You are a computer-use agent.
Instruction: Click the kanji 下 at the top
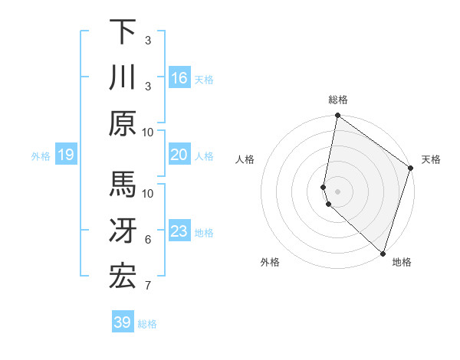pyautogui.click(x=123, y=32)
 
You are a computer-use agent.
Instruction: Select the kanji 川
pyautogui.click(x=123, y=77)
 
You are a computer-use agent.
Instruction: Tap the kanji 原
pyautogui.click(x=123, y=123)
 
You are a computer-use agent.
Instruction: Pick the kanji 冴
pyautogui.click(x=123, y=231)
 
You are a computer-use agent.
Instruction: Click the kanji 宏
pyautogui.click(x=123, y=277)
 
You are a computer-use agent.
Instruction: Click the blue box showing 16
pyautogui.click(x=179, y=77)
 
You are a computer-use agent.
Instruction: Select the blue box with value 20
pyautogui.click(x=179, y=155)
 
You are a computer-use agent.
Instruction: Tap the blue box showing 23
pyautogui.click(x=179, y=231)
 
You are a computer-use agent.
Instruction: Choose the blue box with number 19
pyautogui.click(x=66, y=155)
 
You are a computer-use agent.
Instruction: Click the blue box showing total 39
pyautogui.click(x=123, y=322)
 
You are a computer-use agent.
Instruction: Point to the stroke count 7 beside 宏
pyautogui.click(x=147, y=286)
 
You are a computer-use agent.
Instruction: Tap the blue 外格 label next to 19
pyautogui.click(x=41, y=156)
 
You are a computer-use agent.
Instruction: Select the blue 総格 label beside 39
pyautogui.click(x=147, y=324)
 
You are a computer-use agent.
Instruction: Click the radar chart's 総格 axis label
pyautogui.click(x=337, y=100)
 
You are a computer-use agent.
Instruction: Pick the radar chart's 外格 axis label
pyautogui.click(x=270, y=262)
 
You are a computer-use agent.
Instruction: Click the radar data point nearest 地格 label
pyautogui.click(x=383, y=254)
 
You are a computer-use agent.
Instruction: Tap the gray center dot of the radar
pyautogui.click(x=337, y=191)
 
